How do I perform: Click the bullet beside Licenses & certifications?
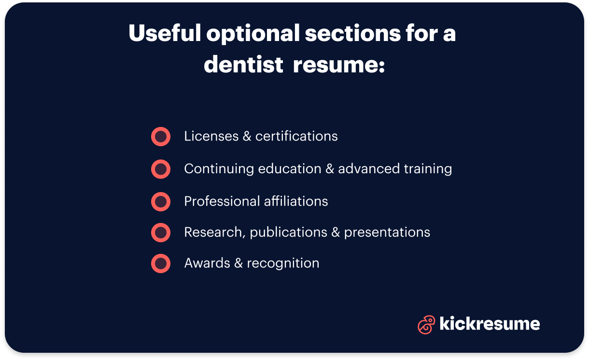tap(161, 137)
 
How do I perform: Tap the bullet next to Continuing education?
tap(161, 169)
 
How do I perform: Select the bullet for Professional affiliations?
tap(161, 201)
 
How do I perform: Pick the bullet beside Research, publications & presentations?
tap(161, 233)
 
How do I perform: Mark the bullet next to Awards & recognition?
tap(161, 263)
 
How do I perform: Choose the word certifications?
tap(296, 137)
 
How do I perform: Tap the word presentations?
tap(387, 233)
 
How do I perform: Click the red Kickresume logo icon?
tap(426, 324)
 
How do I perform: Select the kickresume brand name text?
tap(490, 324)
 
